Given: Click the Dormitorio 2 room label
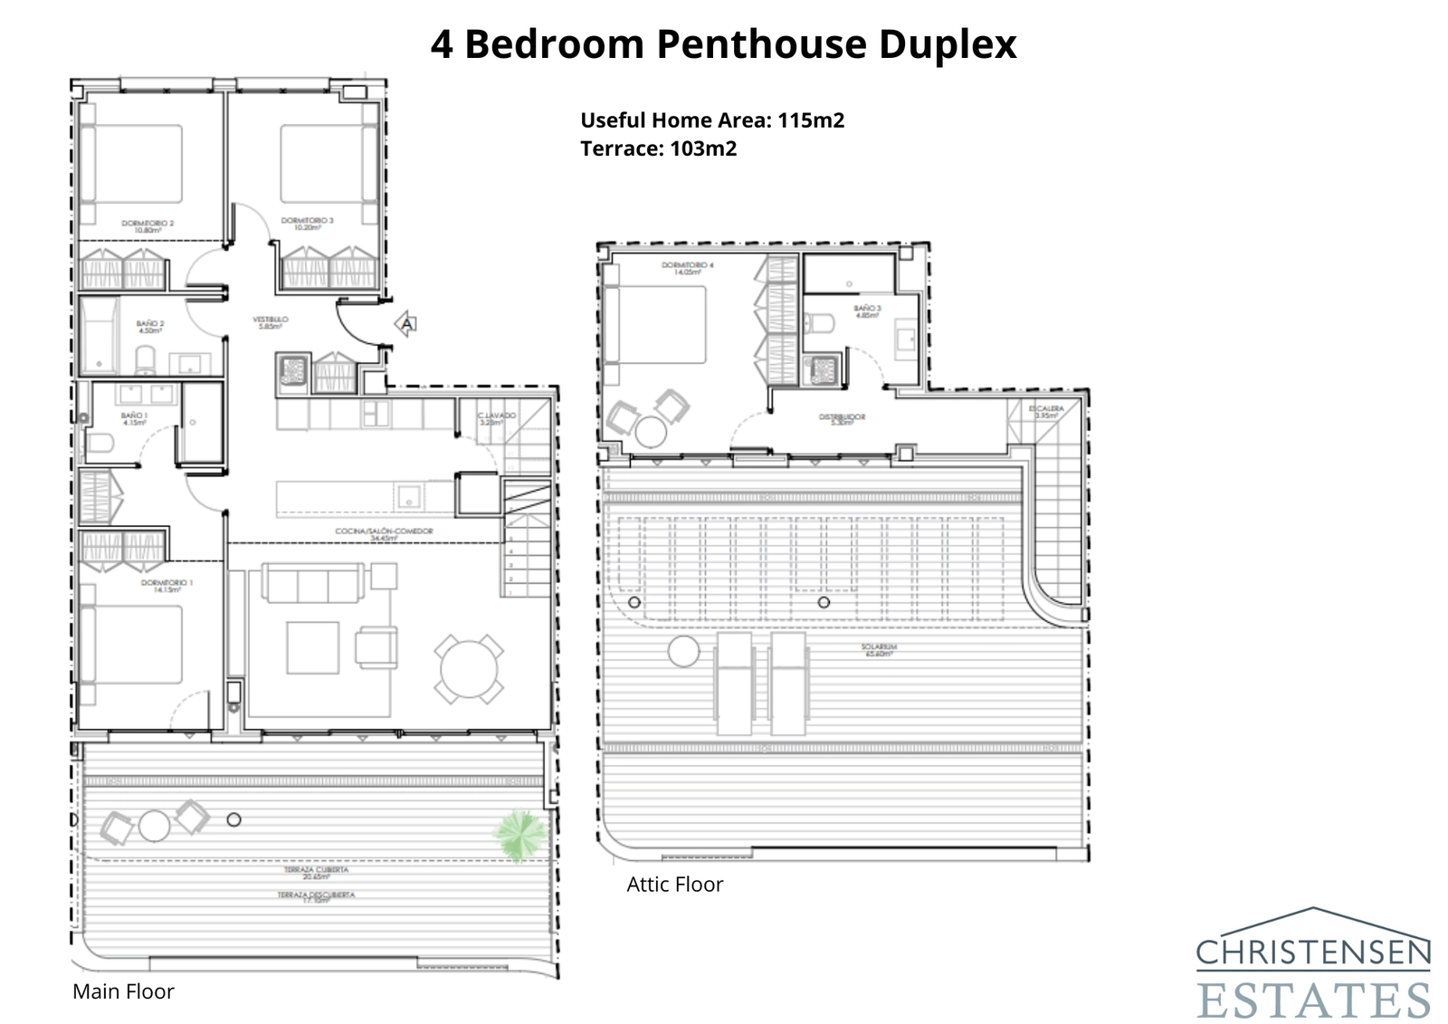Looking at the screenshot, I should pyautogui.click(x=147, y=225).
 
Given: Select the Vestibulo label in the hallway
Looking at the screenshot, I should pyautogui.click(x=270, y=322).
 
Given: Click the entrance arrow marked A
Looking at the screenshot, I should pyautogui.click(x=407, y=323).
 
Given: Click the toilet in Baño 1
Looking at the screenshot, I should pyautogui.click(x=99, y=443).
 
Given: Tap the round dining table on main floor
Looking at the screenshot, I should pyautogui.click(x=469, y=670).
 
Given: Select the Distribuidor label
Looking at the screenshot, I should pyautogui.click(x=842, y=420).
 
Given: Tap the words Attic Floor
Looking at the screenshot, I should pyautogui.click(x=674, y=885).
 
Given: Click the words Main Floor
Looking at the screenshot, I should pyautogui.click(x=123, y=991).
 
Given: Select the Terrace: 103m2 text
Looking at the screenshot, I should pyautogui.click(x=658, y=148).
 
